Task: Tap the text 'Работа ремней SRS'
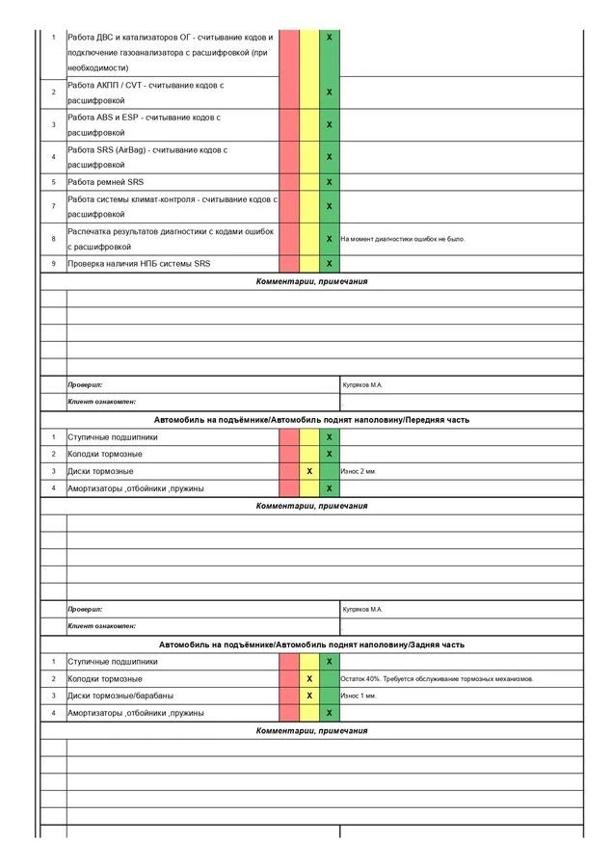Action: [105, 181]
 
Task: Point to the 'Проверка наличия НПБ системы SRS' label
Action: [139, 263]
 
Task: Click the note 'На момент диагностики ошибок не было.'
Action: [403, 239]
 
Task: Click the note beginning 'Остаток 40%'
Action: [437, 678]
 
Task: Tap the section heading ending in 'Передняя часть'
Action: [311, 420]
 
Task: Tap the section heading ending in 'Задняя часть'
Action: [311, 644]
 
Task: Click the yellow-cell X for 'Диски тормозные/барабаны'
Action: [309, 696]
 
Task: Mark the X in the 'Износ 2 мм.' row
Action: [309, 471]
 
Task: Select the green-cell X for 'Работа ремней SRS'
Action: [330, 181]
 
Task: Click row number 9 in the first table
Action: [54, 263]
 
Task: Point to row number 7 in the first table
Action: [54, 206]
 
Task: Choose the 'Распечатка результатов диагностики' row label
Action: [171, 239]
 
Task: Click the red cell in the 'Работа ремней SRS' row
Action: [289, 181]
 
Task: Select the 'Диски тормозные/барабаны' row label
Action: [120, 696]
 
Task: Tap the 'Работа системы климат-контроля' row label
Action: [171, 206]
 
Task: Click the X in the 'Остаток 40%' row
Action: [309, 678]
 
